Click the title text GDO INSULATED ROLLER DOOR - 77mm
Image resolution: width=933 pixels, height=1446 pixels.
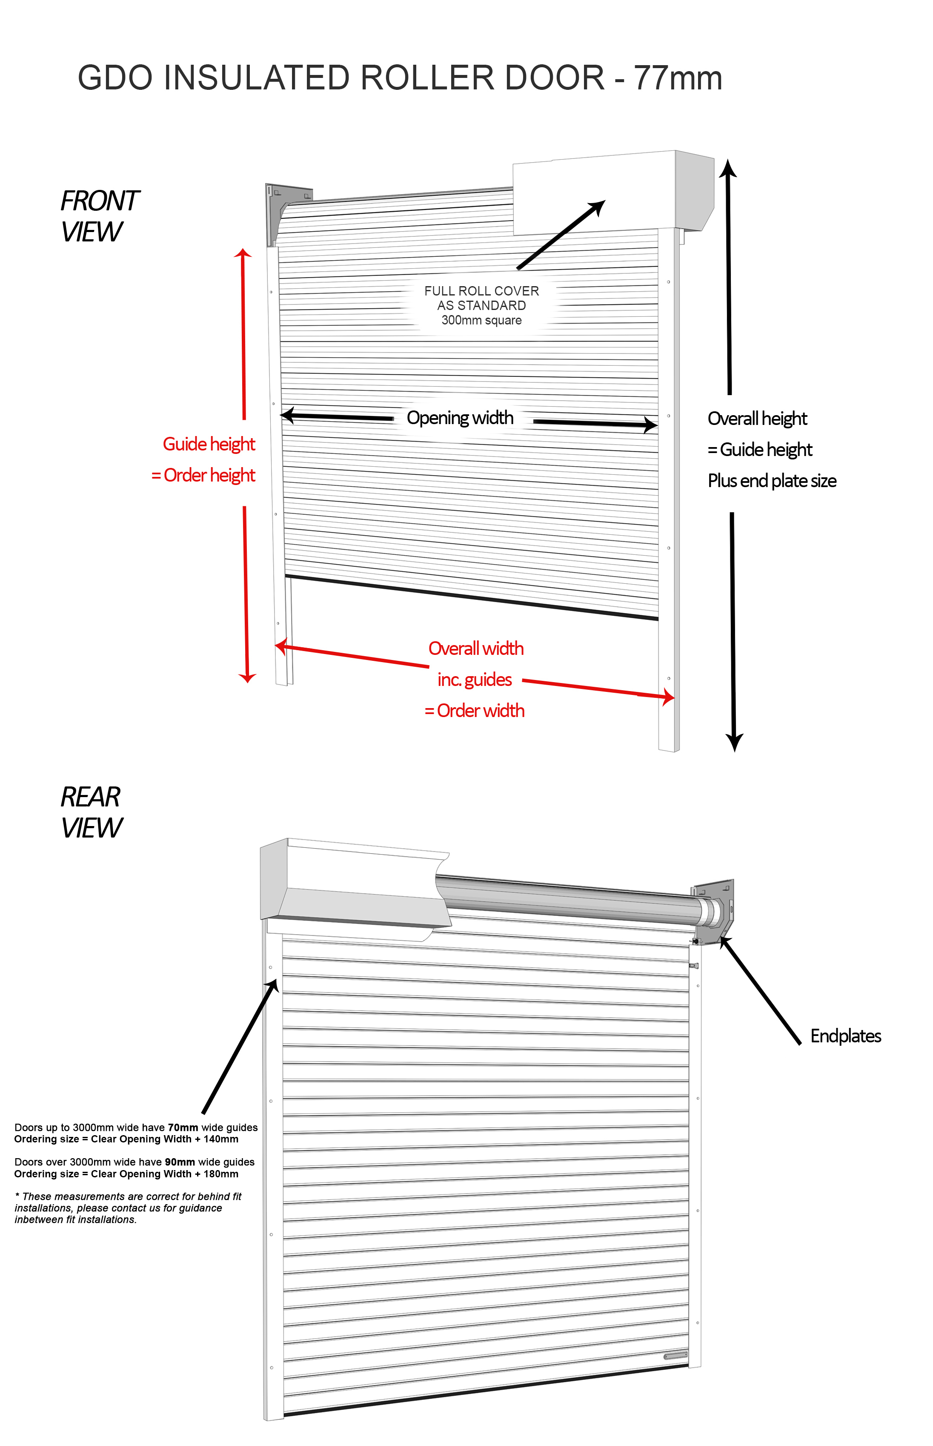400,78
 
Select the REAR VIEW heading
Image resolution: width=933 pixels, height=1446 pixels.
91,812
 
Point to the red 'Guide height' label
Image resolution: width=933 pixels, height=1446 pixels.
209,444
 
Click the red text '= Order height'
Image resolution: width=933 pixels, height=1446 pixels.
203,475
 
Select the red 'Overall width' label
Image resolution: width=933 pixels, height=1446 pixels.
475,648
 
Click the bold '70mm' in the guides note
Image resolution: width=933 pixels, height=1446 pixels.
183,1127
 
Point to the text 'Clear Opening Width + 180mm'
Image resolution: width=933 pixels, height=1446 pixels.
165,1174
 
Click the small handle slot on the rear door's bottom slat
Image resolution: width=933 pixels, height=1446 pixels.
675,1356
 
